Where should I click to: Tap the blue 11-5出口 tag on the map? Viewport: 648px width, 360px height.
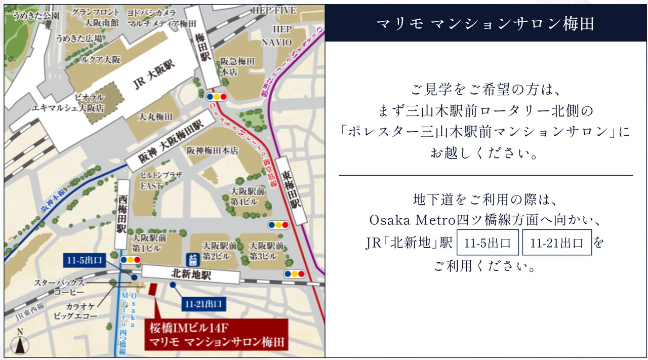click(85, 261)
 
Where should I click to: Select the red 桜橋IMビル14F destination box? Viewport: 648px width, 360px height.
click(216, 335)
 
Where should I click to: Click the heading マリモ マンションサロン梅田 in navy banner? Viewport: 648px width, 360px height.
click(485, 23)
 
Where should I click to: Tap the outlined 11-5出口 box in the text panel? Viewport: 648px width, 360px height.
click(488, 243)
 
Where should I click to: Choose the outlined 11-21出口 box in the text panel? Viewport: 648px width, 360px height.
click(556, 243)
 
